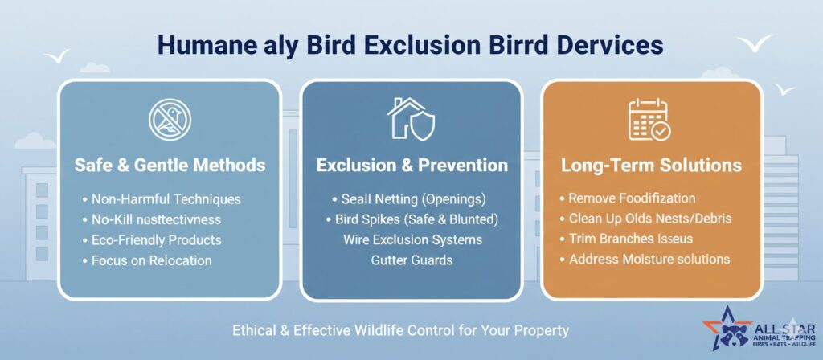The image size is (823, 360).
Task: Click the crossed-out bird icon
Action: (x=170, y=120)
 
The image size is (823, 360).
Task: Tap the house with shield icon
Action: (x=411, y=119)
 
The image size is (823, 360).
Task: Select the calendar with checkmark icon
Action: (x=649, y=120)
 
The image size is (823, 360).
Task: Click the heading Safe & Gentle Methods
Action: (x=170, y=166)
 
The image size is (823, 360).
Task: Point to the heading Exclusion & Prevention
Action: (x=412, y=166)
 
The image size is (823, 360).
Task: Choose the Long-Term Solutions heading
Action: (x=651, y=166)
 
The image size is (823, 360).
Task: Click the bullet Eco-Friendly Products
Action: (x=152, y=239)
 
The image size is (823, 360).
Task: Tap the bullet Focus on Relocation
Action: (x=147, y=260)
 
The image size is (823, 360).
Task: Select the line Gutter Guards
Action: (x=412, y=260)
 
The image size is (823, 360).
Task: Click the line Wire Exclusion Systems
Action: (x=412, y=239)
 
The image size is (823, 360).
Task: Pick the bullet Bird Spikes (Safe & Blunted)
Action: (x=412, y=219)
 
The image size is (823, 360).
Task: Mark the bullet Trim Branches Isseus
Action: (x=626, y=239)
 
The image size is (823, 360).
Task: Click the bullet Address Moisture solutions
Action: (x=645, y=260)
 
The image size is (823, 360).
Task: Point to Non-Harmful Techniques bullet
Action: (x=162, y=199)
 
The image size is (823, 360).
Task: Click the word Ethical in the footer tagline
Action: (x=255, y=331)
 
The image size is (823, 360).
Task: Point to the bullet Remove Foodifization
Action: (x=628, y=198)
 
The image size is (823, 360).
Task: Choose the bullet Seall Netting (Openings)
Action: (x=409, y=199)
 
